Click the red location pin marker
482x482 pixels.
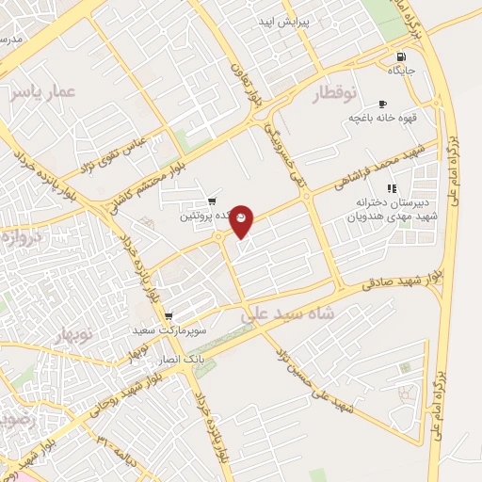point(242,220)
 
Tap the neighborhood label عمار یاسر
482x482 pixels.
point(43,92)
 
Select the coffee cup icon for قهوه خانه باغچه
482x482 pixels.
point(381,104)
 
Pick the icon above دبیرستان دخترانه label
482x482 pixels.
point(392,188)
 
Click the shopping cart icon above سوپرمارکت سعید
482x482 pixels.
point(168,316)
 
